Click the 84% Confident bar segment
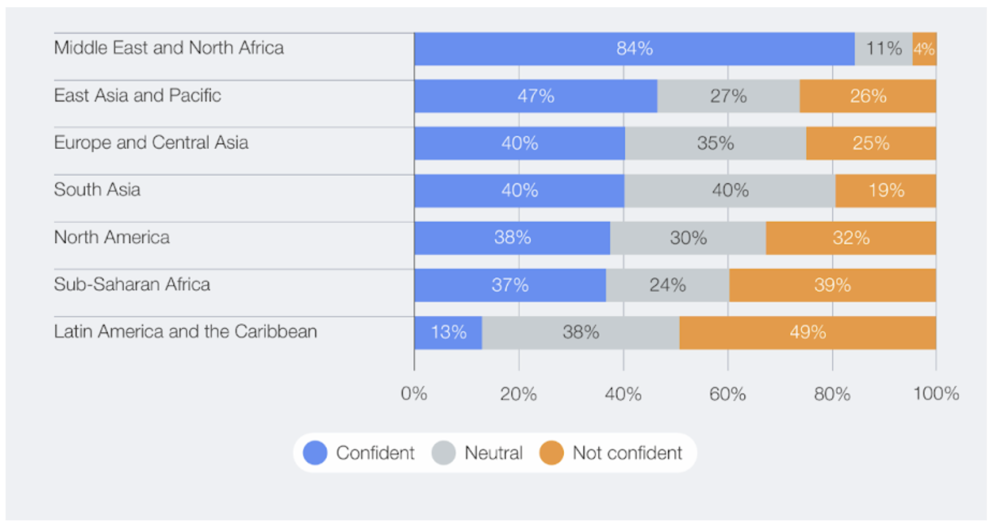point(634,49)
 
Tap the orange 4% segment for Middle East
point(924,49)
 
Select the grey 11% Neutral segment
point(883,49)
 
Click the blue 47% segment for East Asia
point(535,96)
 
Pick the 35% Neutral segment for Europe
point(715,144)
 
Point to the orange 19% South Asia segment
point(886,191)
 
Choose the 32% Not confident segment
point(851,238)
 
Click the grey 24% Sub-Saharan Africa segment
point(667,285)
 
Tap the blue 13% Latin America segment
point(448,332)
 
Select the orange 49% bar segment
point(807,332)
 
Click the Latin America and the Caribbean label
point(185,332)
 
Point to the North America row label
point(112,237)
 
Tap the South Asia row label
point(97,190)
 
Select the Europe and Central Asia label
point(151,143)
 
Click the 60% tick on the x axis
point(727,394)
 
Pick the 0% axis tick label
point(414,394)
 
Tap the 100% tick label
point(936,394)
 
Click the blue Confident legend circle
point(315,453)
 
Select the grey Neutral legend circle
point(444,453)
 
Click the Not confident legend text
point(627,453)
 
